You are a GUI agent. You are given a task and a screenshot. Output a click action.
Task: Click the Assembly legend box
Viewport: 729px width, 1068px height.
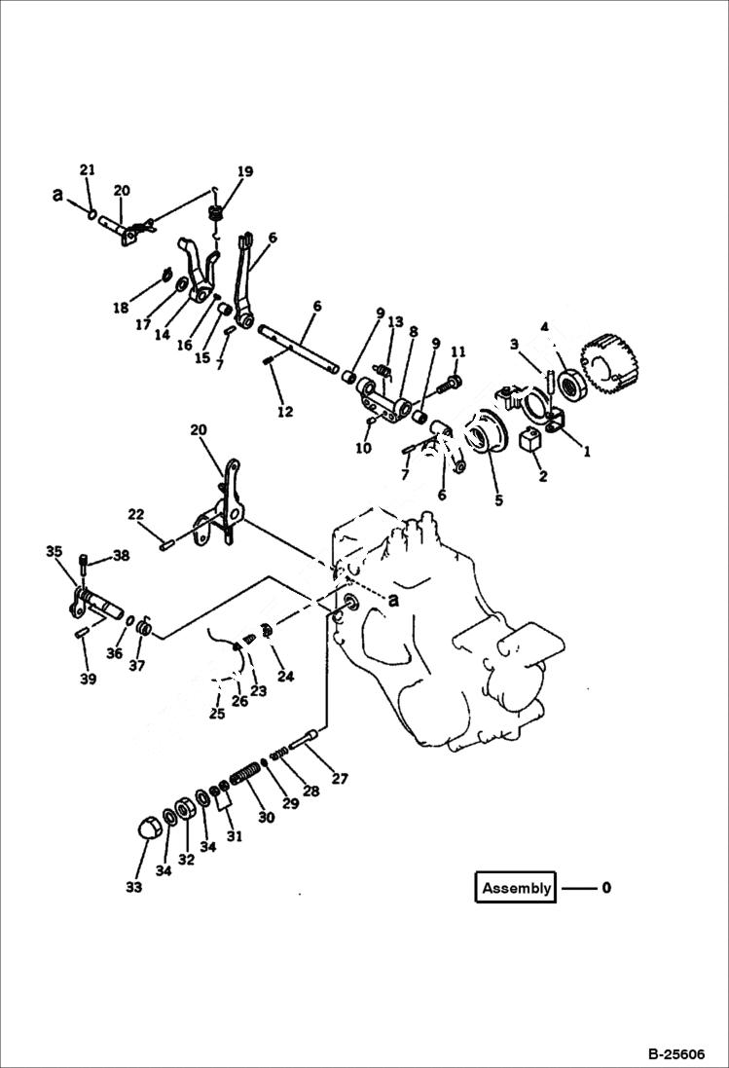516,887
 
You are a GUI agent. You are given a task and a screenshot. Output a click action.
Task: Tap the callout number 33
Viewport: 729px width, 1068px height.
133,887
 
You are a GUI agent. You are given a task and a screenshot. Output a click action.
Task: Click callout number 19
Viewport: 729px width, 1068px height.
243,172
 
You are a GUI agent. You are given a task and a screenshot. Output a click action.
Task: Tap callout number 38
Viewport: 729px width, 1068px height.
121,556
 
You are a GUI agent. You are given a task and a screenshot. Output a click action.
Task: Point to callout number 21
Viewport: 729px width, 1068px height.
88,170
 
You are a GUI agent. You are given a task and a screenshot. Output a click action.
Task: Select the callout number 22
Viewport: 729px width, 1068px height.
135,514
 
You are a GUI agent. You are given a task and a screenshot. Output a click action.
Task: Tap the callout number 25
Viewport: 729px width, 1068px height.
216,714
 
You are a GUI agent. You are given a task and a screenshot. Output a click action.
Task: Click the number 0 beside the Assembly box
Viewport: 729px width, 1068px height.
606,887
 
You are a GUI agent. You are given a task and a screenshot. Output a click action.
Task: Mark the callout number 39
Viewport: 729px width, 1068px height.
88,679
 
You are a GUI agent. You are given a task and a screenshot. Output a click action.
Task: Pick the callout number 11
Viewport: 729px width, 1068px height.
458,351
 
